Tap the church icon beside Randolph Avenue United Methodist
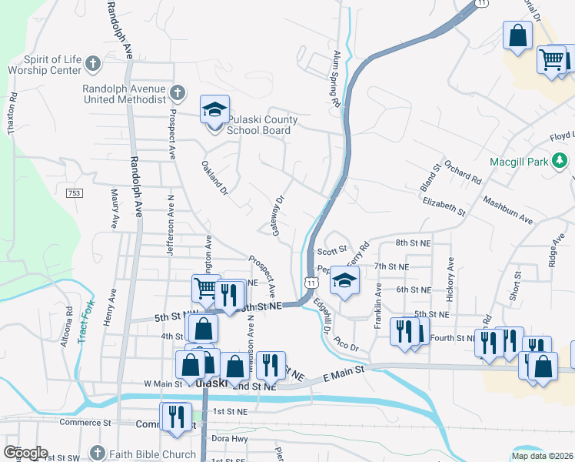[177, 94]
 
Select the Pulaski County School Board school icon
[214, 109]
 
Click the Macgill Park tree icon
[561, 161]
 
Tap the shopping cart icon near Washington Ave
[206, 289]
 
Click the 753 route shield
[74, 192]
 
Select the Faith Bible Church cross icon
[97, 453]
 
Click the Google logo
[25, 453]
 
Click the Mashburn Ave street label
[507, 210]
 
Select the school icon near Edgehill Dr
[344, 281]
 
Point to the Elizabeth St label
[444, 206]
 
